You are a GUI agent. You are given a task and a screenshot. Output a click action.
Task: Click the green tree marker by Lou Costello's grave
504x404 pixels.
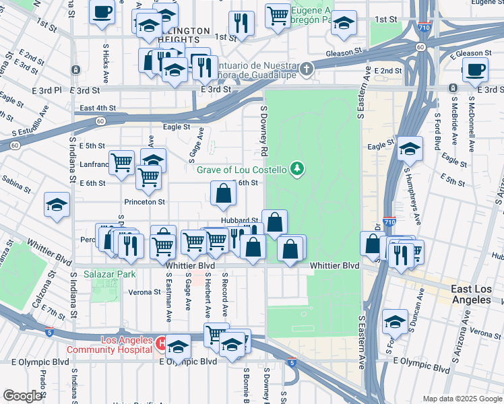pyautogui.click(x=296, y=168)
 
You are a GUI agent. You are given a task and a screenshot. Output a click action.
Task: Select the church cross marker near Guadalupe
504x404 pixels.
pyautogui.click(x=307, y=68)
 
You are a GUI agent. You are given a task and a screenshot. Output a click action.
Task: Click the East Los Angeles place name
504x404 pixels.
pyautogui.click(x=477, y=294)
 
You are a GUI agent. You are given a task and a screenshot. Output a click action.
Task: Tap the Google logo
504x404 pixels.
pyautogui.click(x=22, y=396)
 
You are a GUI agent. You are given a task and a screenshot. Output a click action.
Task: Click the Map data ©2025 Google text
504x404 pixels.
pyautogui.click(x=462, y=399)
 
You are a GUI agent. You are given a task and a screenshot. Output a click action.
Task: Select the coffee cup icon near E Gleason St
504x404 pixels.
pyautogui.click(x=475, y=70)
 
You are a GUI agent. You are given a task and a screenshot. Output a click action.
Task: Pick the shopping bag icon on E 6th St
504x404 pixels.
pyautogui.click(x=223, y=193)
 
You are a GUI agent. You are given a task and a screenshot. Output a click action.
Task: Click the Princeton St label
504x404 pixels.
pyautogui.click(x=144, y=201)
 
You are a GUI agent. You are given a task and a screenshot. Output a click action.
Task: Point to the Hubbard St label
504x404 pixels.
pyautogui.click(x=240, y=220)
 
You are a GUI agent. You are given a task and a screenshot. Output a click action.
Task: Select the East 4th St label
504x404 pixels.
pyautogui.click(x=98, y=108)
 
